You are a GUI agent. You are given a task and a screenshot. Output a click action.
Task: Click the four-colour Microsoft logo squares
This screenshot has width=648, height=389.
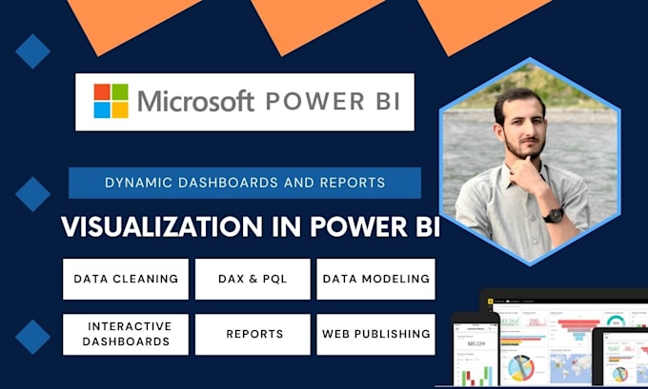[111, 101]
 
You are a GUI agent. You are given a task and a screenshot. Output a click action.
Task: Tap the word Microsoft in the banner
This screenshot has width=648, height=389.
[195, 101]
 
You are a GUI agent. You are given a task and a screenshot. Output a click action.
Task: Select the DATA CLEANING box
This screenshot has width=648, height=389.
[126, 279]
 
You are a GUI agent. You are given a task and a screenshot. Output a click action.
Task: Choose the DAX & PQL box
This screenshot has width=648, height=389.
[253, 279]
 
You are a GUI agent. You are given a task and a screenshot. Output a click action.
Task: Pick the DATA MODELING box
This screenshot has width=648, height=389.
[375, 279]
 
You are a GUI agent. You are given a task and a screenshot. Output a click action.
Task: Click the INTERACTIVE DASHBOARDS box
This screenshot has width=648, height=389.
[126, 334]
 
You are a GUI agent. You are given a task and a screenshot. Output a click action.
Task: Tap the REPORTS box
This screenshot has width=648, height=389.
[253, 334]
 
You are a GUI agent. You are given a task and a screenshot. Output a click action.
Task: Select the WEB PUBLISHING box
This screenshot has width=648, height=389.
[375, 334]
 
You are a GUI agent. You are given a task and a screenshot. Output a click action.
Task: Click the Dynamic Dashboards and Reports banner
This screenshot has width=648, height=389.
[245, 182]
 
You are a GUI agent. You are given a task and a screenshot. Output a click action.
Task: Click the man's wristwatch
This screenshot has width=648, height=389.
[554, 215]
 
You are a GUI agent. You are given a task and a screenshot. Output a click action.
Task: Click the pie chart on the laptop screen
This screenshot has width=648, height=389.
[520, 366]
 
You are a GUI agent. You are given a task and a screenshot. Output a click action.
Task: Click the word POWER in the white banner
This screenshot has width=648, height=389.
[310, 101]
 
